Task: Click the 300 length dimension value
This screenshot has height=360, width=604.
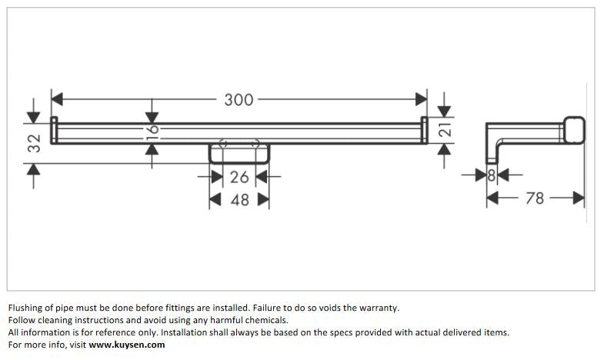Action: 239,99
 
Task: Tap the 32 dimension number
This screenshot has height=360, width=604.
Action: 34,143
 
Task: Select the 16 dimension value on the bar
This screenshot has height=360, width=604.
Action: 152,129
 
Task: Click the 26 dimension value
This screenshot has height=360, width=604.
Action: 239,177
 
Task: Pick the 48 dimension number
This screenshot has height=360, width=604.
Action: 239,200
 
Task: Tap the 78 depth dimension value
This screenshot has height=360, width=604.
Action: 535,198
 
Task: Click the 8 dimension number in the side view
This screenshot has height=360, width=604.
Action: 491,175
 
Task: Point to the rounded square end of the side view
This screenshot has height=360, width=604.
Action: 573,131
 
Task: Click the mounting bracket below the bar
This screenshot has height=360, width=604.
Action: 239,153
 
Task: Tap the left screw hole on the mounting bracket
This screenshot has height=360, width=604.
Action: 222,143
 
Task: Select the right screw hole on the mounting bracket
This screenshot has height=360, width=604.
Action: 256,143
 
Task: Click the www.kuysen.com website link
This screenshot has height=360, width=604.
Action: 127,345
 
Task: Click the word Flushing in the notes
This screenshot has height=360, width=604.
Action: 25,308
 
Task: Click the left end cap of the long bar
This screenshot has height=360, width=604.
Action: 55,130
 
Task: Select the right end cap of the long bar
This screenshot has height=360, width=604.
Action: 424,130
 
